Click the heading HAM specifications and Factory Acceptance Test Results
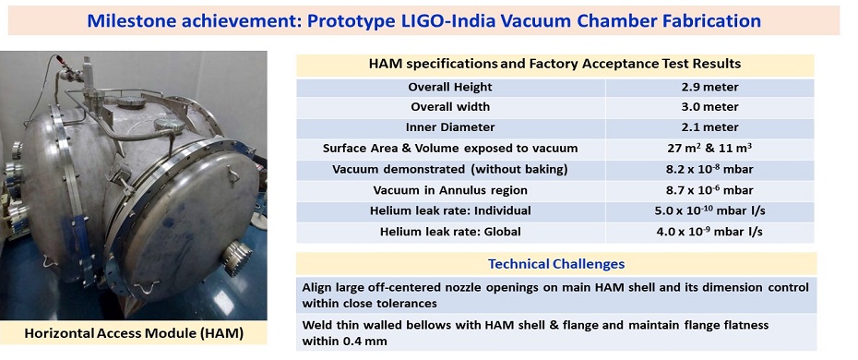tap(554, 65)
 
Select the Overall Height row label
tap(450, 88)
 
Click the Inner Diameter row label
tap(450, 128)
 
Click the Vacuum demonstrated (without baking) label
tap(450, 169)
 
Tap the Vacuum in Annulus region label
tap(450, 190)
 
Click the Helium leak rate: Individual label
tap(450, 210)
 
